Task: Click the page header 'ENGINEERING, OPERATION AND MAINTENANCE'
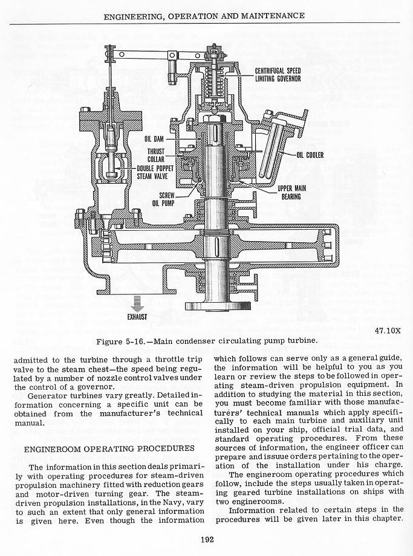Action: coord(207,15)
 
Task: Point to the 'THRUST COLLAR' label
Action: coord(156,155)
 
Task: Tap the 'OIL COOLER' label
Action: coord(310,155)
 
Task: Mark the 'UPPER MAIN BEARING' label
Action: coord(291,192)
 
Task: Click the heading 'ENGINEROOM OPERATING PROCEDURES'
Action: coord(109,449)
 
